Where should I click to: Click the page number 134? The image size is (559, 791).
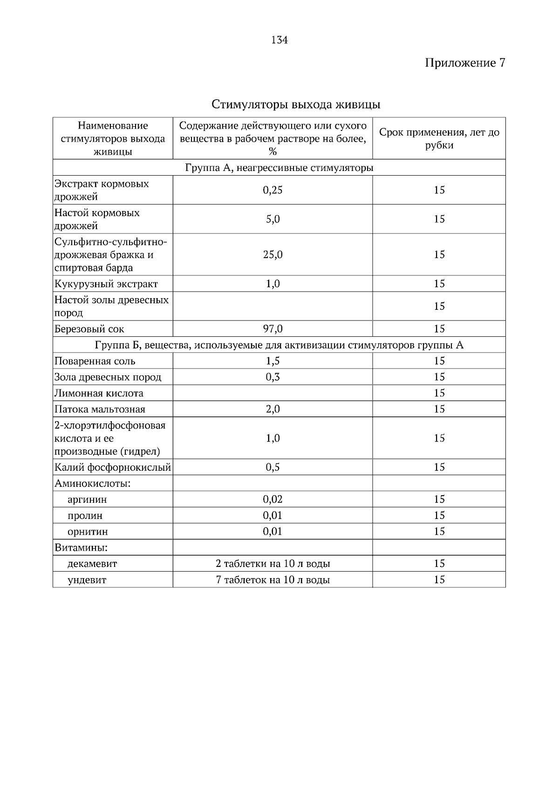pyautogui.click(x=279, y=40)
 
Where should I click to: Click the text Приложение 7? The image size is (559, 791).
pyautogui.click(x=464, y=63)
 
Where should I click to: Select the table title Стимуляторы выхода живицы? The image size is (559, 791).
pyautogui.click(x=296, y=104)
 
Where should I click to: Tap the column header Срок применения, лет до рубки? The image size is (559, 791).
pyautogui.click(x=439, y=138)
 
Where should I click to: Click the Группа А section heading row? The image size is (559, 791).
pyautogui.click(x=279, y=168)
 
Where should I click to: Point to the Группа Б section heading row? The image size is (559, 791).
pyautogui.click(x=279, y=345)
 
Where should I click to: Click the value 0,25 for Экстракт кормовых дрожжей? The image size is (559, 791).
pyautogui.click(x=273, y=190)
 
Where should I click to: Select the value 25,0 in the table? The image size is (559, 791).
pyautogui.click(x=273, y=255)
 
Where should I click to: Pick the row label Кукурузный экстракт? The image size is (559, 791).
pyautogui.click(x=106, y=284)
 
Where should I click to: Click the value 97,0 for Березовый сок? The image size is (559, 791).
pyautogui.click(x=273, y=329)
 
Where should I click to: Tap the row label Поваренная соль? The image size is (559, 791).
pyautogui.click(x=95, y=361)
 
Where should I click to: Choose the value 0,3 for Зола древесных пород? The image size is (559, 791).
pyautogui.click(x=273, y=377)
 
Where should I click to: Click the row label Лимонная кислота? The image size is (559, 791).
pyautogui.click(x=99, y=394)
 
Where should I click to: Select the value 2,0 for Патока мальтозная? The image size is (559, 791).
pyautogui.click(x=273, y=409)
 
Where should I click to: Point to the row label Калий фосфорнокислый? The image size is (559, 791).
pyautogui.click(x=113, y=468)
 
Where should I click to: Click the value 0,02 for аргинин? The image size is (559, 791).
pyautogui.click(x=273, y=500)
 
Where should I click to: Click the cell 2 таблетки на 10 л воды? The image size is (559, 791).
pyautogui.click(x=273, y=564)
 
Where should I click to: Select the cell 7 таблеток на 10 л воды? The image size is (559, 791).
pyautogui.click(x=273, y=580)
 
